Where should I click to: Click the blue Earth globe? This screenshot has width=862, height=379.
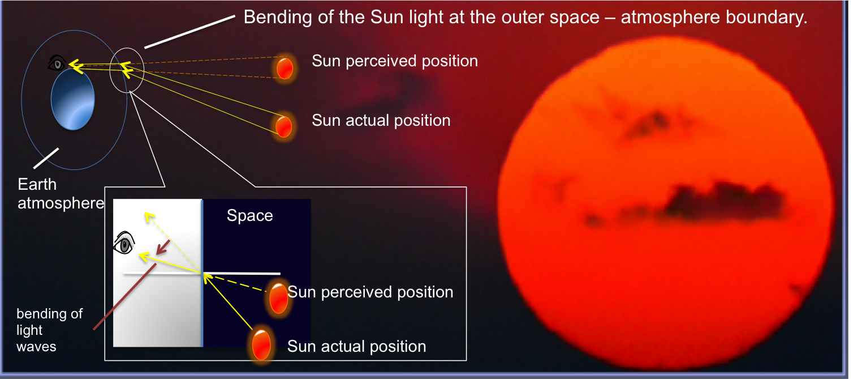(x=73, y=100)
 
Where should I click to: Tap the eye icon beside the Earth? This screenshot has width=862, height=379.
(x=57, y=63)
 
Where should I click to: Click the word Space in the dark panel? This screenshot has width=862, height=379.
(x=250, y=215)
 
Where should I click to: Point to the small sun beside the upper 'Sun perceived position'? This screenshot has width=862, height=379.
(x=285, y=68)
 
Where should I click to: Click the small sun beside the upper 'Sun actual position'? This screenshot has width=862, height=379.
(x=283, y=126)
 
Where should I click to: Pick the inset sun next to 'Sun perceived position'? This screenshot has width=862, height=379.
(x=278, y=298)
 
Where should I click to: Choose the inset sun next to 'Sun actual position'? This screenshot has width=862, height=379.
(x=261, y=344)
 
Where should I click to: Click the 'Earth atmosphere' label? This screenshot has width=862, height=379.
(x=61, y=194)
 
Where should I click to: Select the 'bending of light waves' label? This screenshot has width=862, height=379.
(x=49, y=330)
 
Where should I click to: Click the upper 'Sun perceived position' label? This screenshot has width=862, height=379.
(x=395, y=61)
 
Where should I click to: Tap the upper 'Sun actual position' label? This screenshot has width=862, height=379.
(x=381, y=121)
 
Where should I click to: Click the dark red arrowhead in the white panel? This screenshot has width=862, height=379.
(x=163, y=248)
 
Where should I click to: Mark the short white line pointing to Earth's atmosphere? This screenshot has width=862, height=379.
(x=46, y=159)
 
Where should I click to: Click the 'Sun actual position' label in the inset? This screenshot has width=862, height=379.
(x=357, y=347)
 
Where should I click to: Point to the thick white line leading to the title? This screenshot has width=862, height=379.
(x=189, y=32)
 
